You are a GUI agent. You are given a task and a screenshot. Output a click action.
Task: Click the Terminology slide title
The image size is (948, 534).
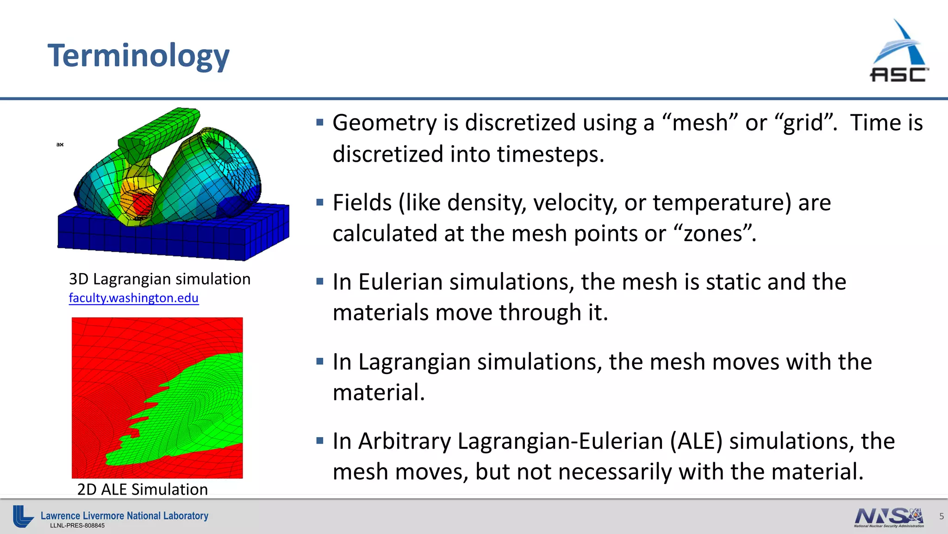point(138,56)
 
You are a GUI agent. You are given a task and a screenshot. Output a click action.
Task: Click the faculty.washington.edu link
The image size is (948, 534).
point(133,298)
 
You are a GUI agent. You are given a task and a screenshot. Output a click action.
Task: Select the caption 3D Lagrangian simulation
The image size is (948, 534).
point(160,279)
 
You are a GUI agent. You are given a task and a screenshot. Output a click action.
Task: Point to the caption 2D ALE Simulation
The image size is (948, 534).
point(142,489)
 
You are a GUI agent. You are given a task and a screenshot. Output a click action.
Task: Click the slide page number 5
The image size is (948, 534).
point(941,516)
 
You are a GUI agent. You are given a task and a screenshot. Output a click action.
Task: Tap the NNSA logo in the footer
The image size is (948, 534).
point(889,517)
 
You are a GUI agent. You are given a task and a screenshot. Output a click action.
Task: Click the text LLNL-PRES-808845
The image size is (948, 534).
point(77,526)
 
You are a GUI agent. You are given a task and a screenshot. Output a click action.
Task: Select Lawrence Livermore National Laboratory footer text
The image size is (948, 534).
point(125,515)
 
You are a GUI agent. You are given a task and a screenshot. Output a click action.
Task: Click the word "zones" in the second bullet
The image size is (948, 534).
point(715,233)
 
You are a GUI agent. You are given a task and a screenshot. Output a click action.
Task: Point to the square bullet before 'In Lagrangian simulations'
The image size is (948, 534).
point(320,362)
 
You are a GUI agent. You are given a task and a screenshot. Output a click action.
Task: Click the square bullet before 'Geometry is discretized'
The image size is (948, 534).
point(320,122)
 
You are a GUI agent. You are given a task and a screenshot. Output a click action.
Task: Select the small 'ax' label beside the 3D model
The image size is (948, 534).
point(60,145)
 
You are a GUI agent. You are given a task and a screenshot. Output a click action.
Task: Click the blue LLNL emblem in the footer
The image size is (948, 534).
point(22,516)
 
